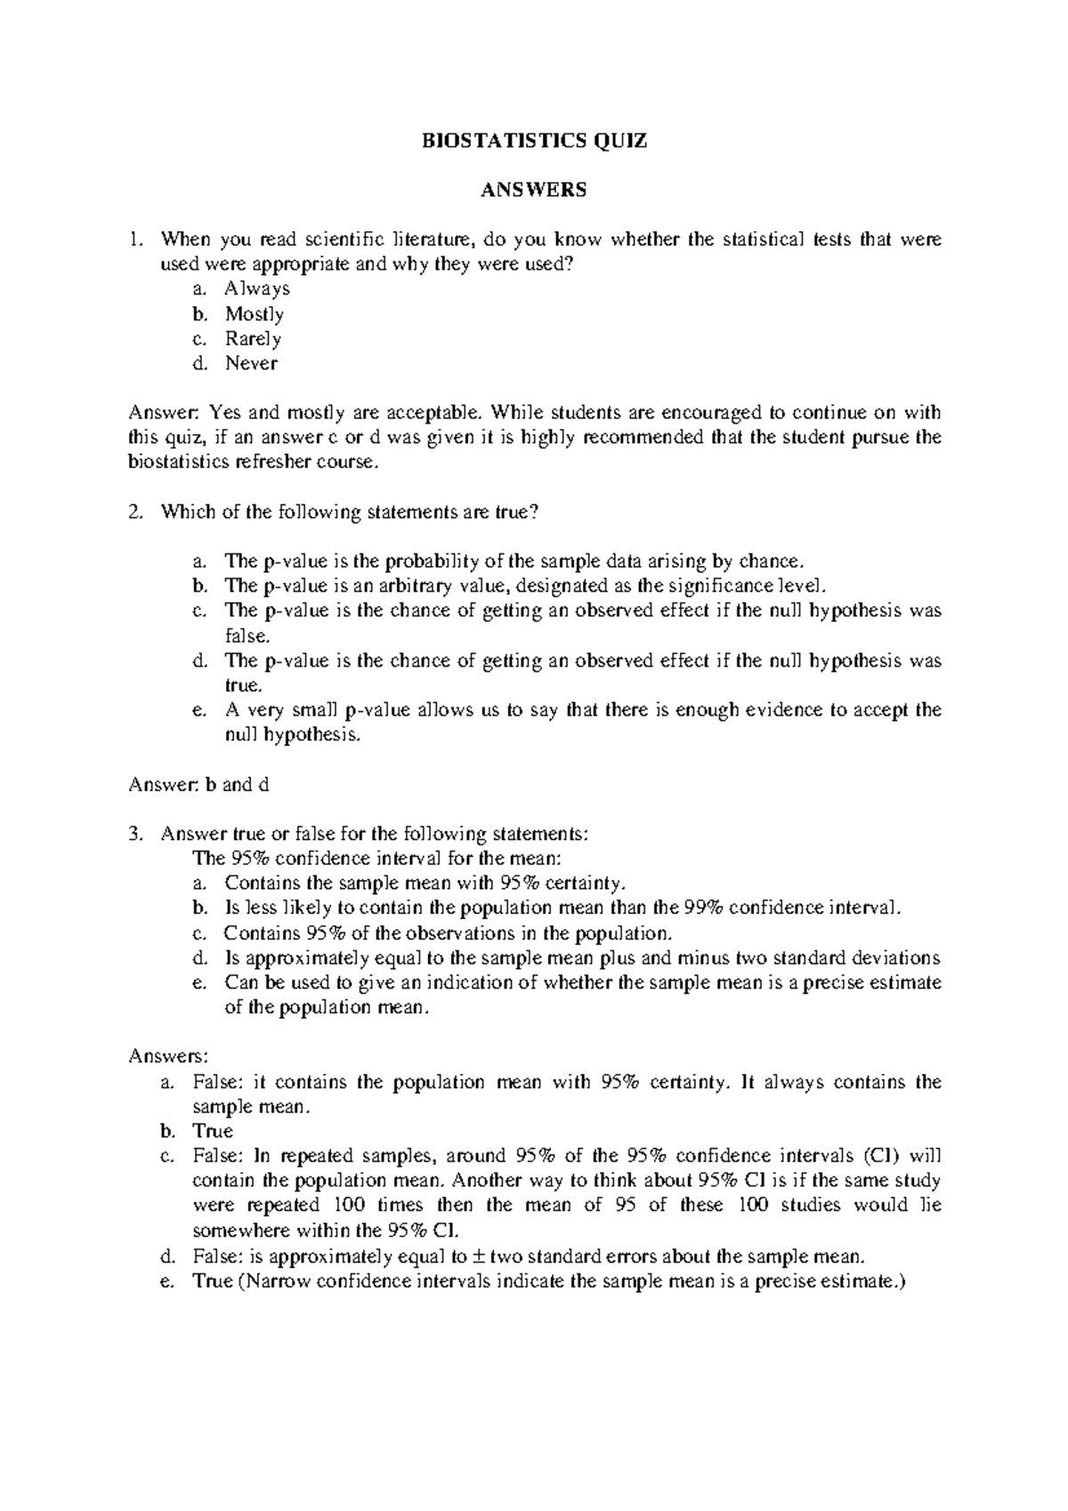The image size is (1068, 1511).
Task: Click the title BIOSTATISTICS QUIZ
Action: click(x=534, y=141)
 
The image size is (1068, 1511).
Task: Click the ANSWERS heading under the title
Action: click(x=534, y=190)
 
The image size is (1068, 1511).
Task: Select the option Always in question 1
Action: click(x=257, y=289)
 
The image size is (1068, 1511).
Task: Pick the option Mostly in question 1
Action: click(x=255, y=314)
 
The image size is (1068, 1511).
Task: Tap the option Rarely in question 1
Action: click(x=253, y=339)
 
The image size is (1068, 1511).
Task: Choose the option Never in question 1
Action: click(x=251, y=363)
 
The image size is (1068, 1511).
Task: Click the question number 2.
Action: click(x=133, y=512)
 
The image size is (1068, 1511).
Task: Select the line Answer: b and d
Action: click(x=198, y=785)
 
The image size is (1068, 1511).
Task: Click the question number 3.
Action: click(x=133, y=834)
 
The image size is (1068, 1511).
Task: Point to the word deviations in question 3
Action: click(x=897, y=958)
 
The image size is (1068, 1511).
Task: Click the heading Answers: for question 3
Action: click(x=168, y=1056)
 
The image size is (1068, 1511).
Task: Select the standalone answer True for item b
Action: click(x=212, y=1131)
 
